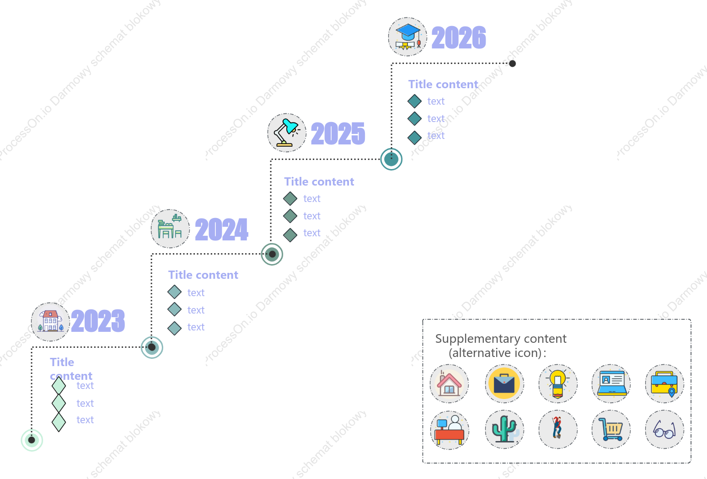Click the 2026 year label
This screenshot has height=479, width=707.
click(x=459, y=37)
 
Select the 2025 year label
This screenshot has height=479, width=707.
click(x=338, y=133)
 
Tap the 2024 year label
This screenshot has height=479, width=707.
click(x=222, y=229)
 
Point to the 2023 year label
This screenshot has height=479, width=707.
click(x=98, y=320)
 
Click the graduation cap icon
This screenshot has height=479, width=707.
click(x=407, y=37)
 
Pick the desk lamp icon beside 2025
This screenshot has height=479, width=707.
click(x=287, y=133)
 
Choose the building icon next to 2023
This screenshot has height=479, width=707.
click(x=50, y=322)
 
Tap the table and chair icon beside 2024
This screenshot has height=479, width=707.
click(x=170, y=229)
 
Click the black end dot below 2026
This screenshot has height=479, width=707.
click(x=512, y=64)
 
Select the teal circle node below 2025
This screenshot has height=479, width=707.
click(x=391, y=160)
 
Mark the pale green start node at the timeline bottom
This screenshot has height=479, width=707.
click(x=32, y=440)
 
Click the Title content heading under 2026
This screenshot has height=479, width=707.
click(x=443, y=84)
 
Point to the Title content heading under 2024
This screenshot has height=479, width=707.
click(x=203, y=275)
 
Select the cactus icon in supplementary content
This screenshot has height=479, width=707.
click(x=504, y=429)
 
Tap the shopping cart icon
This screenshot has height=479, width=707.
click(x=611, y=429)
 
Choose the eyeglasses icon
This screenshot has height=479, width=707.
click(x=664, y=429)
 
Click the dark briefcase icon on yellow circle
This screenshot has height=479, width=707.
click(x=504, y=383)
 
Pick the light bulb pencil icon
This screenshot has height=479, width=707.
click(x=558, y=383)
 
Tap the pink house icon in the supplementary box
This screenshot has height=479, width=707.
click(x=449, y=383)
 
